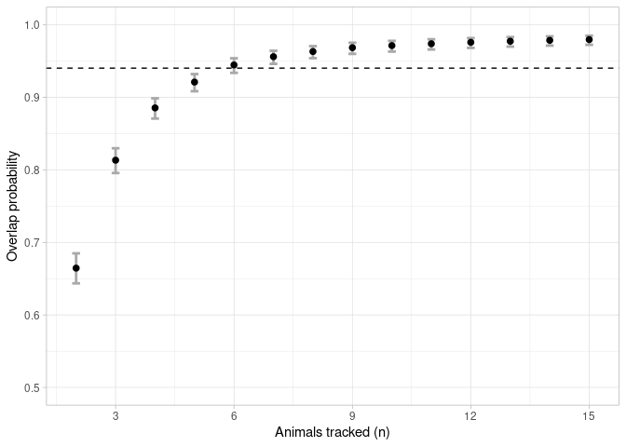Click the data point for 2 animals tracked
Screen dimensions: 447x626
point(75,268)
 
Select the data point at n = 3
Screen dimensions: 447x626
point(116,160)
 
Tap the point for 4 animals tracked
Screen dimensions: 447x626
point(155,108)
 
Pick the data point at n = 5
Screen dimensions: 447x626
point(195,82)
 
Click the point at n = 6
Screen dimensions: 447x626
point(234,65)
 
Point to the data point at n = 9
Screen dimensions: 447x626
point(352,47)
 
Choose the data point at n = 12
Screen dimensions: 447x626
point(470,42)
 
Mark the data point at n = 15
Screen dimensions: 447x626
point(589,40)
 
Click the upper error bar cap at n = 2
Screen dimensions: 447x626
point(75,253)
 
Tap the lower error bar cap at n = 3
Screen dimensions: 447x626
point(116,172)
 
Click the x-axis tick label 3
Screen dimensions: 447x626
point(116,414)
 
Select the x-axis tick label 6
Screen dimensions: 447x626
point(234,414)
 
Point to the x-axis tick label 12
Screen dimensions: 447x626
point(470,414)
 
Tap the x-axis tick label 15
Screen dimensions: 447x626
point(589,414)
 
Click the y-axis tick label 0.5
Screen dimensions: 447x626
point(31,388)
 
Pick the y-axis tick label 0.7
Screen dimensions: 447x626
point(31,243)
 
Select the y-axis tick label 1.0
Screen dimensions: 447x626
point(31,25)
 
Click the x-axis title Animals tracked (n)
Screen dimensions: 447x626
point(333,433)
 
